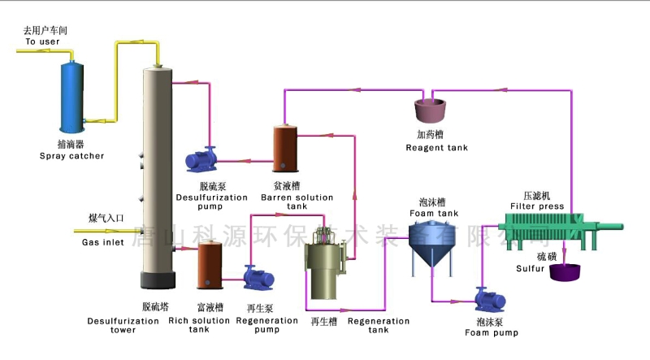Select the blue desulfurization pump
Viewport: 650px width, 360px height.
(199, 158)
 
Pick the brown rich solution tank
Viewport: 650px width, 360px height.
(211, 265)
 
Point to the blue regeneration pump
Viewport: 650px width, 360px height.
(259, 277)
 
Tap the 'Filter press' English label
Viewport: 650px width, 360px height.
(537, 206)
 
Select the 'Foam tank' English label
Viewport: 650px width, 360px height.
(432, 213)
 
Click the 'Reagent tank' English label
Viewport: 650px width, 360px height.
(436, 147)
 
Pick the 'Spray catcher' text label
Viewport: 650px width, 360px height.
(71, 155)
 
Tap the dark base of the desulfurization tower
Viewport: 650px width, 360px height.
(156, 280)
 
